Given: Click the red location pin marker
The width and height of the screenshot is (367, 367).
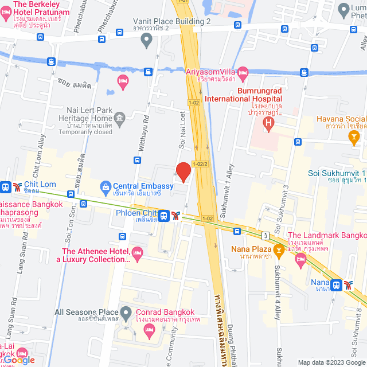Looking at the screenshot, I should point(183,171).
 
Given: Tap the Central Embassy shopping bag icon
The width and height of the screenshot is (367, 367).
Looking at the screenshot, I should point(106,186).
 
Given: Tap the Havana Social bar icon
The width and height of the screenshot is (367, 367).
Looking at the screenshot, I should point(354,135).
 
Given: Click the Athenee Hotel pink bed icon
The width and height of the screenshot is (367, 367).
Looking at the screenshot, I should point(137,252).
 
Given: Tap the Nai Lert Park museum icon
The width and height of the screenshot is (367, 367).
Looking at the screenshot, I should point(120,119).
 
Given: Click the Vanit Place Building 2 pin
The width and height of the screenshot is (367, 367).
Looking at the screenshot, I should point(146,40).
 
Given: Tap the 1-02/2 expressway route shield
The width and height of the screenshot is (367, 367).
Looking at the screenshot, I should point(200,163).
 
